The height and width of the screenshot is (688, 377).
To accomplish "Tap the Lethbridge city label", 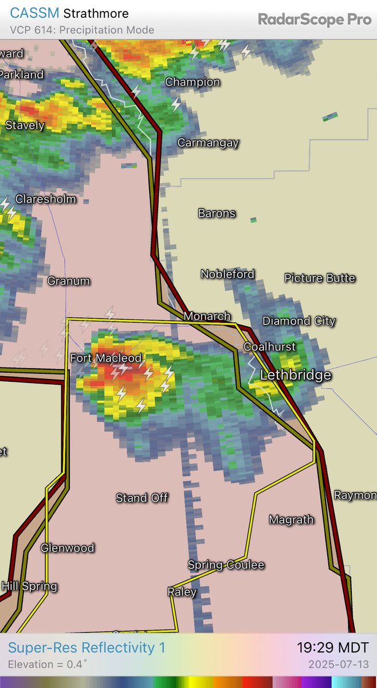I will coord(296,376).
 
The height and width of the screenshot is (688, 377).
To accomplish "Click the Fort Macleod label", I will coord(105,358).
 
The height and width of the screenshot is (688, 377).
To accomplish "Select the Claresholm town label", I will coord(45,200).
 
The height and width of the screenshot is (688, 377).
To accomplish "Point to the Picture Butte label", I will coord(320,278).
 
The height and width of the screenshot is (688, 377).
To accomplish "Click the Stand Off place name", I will coord(142,498).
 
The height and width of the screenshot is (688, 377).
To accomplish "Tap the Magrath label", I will coord(292,520).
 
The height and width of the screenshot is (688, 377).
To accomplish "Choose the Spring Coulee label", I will coord(226,565).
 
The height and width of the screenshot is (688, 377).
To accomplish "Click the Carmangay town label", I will coord(208,143).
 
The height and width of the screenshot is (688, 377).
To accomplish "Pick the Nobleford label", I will coord(227,275).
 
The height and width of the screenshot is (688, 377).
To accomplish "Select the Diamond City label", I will coord(299,321).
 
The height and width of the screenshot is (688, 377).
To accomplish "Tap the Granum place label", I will coord(69,281).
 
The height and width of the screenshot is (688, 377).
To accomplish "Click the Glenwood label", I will coord(68,548).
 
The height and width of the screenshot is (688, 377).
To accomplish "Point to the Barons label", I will coord(217,213).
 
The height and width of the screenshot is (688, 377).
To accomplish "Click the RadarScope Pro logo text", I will coord(315,19).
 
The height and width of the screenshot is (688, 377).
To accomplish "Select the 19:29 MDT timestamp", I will coord(332,648).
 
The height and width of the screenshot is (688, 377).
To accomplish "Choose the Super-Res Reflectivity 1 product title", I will coord(87,648).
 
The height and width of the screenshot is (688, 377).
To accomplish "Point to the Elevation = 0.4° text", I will coord(48,665).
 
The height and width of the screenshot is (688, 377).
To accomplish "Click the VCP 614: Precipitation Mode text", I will coord(82,30).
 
